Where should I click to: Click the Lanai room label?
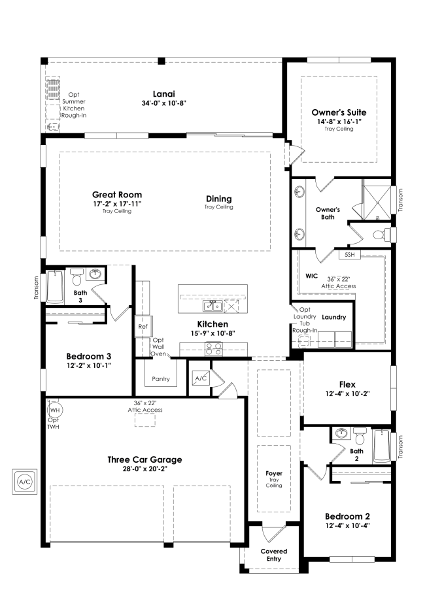click(164, 93)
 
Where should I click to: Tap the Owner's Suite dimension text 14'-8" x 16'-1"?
click(339, 121)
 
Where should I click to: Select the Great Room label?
click(117, 194)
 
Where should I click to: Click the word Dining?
click(218, 199)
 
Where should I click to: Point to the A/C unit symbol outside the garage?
click(24, 482)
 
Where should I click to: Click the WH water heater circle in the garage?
click(55, 409)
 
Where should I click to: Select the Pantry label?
click(161, 378)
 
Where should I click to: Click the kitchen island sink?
click(212, 306)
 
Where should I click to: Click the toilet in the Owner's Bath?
click(380, 234)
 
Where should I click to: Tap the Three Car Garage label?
click(144, 459)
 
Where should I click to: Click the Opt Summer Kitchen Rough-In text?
click(74, 105)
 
